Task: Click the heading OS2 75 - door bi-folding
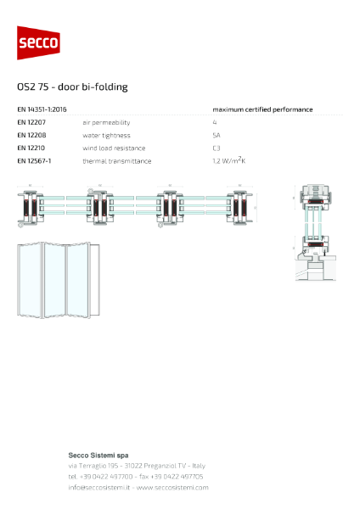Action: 72,87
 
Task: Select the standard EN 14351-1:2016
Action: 42,109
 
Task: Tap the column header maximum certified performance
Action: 262,109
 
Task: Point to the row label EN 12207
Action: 31,122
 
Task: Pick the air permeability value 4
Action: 215,122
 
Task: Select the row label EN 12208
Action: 31,135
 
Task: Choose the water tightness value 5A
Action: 216,135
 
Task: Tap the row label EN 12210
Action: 31,148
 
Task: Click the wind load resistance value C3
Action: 216,148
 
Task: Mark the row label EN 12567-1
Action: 34,160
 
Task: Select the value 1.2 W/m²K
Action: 229,159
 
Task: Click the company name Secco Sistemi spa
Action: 98,456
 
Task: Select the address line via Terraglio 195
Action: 136,466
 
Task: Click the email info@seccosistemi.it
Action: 98,488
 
